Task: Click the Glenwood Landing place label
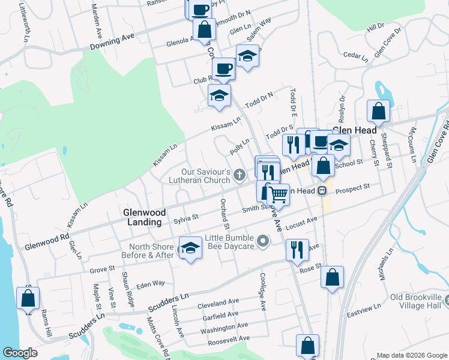click(142, 217)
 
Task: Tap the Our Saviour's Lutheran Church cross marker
click(240, 175)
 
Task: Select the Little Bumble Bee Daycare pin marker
click(262, 242)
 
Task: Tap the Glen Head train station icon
click(322, 191)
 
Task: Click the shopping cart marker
click(278, 194)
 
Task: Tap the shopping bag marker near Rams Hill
click(28, 298)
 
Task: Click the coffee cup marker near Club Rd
click(224, 69)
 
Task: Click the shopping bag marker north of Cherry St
click(378, 110)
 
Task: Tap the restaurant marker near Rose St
click(297, 250)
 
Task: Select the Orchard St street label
click(224, 214)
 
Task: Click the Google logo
click(19, 353)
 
